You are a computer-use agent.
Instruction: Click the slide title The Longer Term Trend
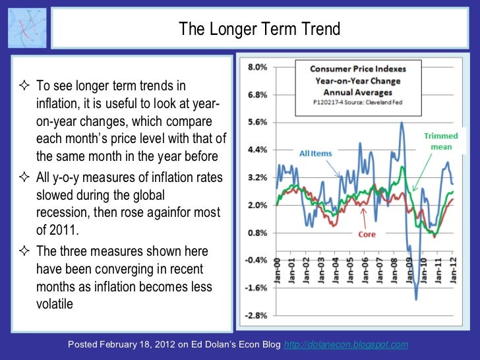(259, 30)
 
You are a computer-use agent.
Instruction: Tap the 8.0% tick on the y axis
(257, 67)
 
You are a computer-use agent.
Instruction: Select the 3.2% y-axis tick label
(257, 177)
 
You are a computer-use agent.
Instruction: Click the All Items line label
(316, 154)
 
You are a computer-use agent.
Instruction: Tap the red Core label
(367, 234)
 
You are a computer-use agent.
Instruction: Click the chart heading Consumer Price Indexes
(359, 69)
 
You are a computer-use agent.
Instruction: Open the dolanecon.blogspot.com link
(345, 345)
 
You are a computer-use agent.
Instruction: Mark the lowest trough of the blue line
(416, 299)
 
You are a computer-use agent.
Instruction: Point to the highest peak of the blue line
(402, 123)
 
